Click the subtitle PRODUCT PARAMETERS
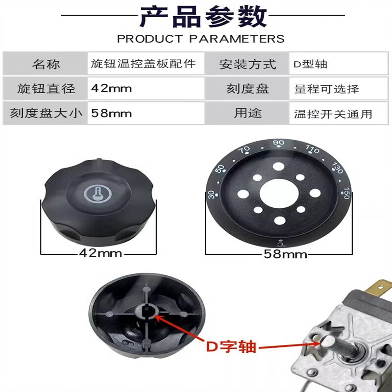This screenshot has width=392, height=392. pos(201,39)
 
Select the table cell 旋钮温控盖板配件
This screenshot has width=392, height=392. pos(144,64)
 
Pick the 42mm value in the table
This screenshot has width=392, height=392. pos(112,89)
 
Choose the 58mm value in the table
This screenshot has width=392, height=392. pos(112,114)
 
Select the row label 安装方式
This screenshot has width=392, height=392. pos(248,64)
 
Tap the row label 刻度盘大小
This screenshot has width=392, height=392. pos(47,114)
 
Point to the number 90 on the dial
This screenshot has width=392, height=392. pos(279,143)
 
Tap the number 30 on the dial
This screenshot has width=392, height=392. pos(211,195)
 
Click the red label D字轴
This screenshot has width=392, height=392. pos(231,346)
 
